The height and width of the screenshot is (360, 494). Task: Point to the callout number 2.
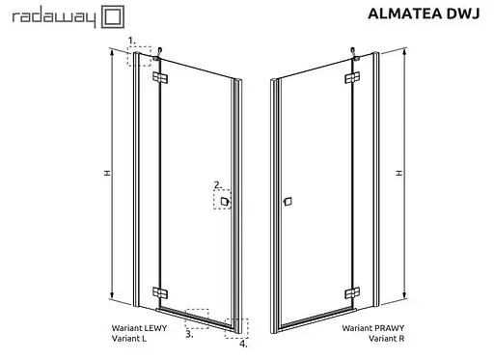[217, 183]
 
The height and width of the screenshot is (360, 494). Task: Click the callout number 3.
[189, 334]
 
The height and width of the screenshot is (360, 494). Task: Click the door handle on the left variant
[225, 201]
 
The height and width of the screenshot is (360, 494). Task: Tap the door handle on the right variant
[286, 202]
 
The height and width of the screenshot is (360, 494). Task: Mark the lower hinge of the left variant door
[159, 292]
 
